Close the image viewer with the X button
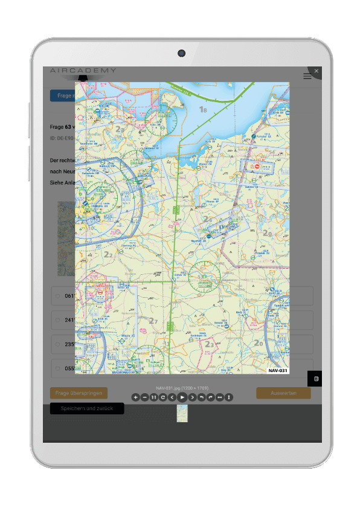point(317,71)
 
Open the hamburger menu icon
point(307,76)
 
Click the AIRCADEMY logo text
point(83,71)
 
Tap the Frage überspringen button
point(79,393)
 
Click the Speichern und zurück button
point(86,409)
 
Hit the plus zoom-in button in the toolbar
point(135,397)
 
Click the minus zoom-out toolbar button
point(144,397)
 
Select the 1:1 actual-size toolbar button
point(154,397)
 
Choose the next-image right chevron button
point(192,397)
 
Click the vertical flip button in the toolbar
point(229,397)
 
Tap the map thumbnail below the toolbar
point(182,413)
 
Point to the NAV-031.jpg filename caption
point(182,388)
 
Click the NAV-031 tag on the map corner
point(278,369)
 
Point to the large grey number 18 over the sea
point(203,110)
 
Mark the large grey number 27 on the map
point(153,321)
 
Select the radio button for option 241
point(58,320)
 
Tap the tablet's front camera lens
point(181,53)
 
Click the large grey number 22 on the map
point(108,255)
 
